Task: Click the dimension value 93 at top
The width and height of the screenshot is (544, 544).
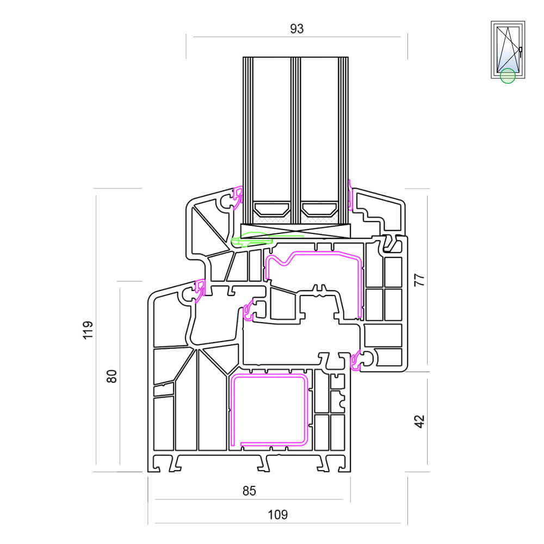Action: point(296,29)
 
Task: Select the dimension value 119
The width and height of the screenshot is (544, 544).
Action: point(88,330)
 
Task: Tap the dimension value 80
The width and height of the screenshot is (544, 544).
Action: point(112,376)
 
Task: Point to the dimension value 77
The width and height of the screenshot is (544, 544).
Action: point(419,280)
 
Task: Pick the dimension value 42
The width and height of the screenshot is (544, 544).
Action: point(419,421)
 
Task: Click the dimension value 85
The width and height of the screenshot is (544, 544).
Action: point(249,491)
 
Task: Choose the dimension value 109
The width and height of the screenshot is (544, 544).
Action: point(277,515)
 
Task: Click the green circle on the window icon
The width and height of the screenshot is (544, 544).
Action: point(508,76)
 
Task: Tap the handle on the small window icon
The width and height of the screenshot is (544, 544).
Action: point(520,52)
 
